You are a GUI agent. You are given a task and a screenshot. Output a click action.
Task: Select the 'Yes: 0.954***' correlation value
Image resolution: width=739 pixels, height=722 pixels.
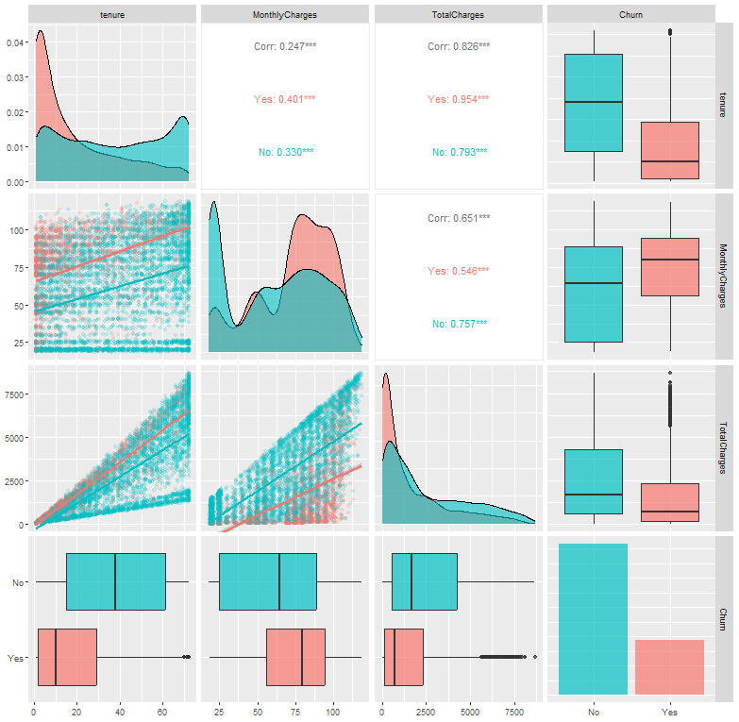tap(458, 99)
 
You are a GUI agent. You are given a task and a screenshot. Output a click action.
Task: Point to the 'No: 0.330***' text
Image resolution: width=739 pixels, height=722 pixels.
tap(285, 152)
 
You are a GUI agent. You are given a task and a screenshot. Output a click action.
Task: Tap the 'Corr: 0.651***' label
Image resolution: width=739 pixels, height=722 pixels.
tap(458, 218)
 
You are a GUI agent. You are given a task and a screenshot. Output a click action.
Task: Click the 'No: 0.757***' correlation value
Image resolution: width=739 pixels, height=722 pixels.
tap(458, 324)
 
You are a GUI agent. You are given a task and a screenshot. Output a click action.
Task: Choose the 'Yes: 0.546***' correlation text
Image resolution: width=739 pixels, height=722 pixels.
tap(458, 271)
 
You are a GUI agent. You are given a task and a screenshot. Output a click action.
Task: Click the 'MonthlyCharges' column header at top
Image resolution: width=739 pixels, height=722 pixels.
tap(285, 14)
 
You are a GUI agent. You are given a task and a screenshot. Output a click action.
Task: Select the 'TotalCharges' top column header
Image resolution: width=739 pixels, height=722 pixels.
tap(458, 14)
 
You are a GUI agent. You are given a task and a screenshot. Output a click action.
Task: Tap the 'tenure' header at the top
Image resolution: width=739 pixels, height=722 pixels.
tap(111, 14)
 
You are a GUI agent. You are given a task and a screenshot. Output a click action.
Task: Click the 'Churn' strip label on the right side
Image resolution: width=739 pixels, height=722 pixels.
tap(724, 619)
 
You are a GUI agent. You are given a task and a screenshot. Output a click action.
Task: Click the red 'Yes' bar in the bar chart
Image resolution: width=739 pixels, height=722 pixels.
tap(669, 667)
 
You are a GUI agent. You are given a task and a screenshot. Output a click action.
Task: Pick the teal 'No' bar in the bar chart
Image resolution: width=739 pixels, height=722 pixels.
tap(593, 619)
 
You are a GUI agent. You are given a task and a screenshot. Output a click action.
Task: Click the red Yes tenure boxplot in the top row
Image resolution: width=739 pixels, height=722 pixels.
tap(669, 143)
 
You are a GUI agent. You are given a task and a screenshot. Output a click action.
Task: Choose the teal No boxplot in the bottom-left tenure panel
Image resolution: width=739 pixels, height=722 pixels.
tap(116, 581)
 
